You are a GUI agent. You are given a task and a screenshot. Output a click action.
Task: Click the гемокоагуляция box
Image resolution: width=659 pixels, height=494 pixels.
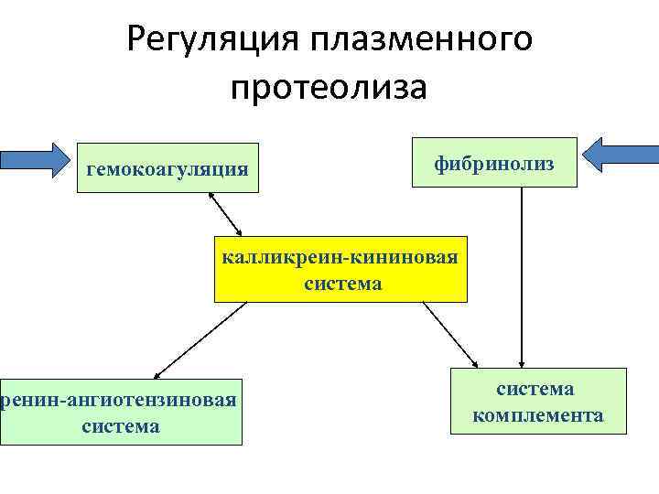167,167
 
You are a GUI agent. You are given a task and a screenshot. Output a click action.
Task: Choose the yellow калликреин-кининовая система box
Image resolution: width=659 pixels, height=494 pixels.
340,270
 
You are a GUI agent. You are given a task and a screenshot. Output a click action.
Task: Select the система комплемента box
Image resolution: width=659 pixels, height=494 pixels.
537,401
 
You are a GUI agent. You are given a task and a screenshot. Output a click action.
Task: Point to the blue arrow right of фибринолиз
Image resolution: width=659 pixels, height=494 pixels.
623,153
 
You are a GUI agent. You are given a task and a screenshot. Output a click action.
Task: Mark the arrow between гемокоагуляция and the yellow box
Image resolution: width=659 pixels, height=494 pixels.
225,214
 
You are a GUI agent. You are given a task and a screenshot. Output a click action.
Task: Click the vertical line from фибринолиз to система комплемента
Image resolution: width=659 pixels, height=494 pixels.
521,274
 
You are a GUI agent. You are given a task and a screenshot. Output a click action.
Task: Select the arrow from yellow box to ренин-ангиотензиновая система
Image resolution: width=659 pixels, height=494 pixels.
201,340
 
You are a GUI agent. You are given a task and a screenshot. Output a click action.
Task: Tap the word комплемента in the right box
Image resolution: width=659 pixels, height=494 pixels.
537,416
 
